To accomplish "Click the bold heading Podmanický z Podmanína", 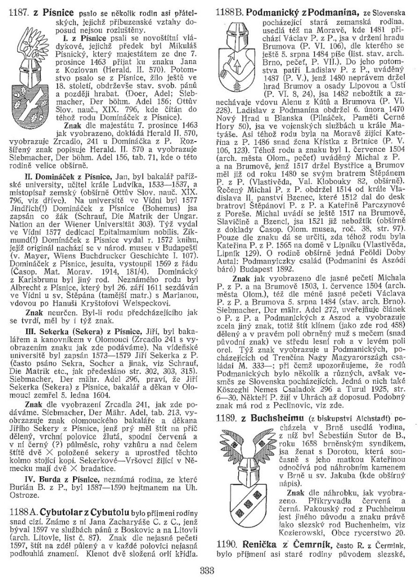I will tap(304, 11).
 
